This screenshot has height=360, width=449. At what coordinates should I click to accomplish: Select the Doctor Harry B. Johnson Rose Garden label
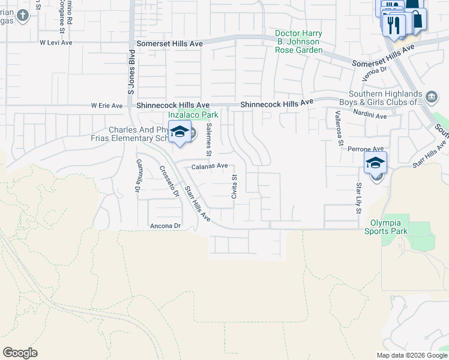point(299,42)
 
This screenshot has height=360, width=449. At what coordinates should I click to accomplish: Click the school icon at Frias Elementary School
point(179,132)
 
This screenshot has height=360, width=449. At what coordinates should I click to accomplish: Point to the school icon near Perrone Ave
point(375,163)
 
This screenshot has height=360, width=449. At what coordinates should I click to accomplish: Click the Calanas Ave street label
point(209,166)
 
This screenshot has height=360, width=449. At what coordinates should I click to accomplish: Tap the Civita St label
point(235,186)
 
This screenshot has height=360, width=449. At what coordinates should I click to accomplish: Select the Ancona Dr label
point(165,226)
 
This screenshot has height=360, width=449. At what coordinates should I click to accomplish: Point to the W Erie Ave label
point(106,106)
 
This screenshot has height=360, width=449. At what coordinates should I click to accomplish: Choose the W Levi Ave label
point(56,43)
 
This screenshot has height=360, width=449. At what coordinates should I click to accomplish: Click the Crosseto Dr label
point(169,181)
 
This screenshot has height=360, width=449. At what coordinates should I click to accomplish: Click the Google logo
point(20,353)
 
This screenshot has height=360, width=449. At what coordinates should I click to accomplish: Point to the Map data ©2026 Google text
point(411,355)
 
